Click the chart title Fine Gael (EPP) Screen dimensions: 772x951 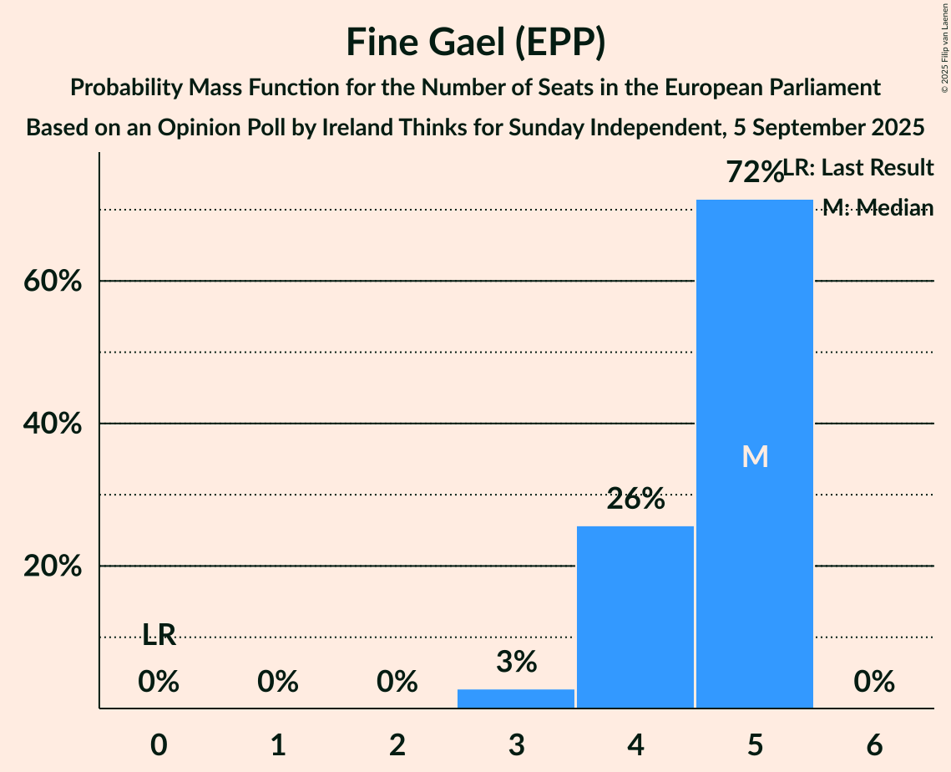(x=475, y=43)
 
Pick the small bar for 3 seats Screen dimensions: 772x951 (x=516, y=698)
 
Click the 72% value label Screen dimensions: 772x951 (x=753, y=173)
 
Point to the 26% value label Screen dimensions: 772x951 (x=635, y=500)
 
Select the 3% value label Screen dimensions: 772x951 (x=516, y=663)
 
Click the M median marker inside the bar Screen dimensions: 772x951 (x=755, y=456)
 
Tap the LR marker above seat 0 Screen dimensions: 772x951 (x=159, y=636)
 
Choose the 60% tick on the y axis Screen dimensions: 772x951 (x=53, y=282)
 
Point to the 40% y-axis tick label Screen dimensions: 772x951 (x=53, y=424)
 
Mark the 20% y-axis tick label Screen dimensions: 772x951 (x=53, y=566)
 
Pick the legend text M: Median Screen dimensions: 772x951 (x=878, y=207)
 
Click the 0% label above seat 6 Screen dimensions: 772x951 (x=874, y=683)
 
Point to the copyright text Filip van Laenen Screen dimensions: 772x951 (x=944, y=46)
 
